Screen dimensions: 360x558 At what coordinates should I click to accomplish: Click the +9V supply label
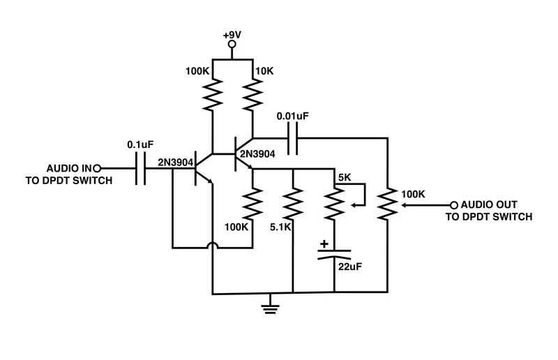[x=232, y=35]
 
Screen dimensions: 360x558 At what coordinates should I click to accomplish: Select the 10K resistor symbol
[x=252, y=94]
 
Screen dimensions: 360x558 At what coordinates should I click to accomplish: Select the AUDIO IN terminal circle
[x=98, y=168]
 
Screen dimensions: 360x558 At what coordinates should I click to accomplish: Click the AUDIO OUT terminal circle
[x=454, y=205]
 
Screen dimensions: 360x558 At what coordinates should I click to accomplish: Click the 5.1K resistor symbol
[x=293, y=204]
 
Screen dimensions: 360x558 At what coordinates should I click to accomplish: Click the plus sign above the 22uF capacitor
[x=324, y=245]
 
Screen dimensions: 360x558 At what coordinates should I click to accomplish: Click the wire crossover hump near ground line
[x=211, y=246]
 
